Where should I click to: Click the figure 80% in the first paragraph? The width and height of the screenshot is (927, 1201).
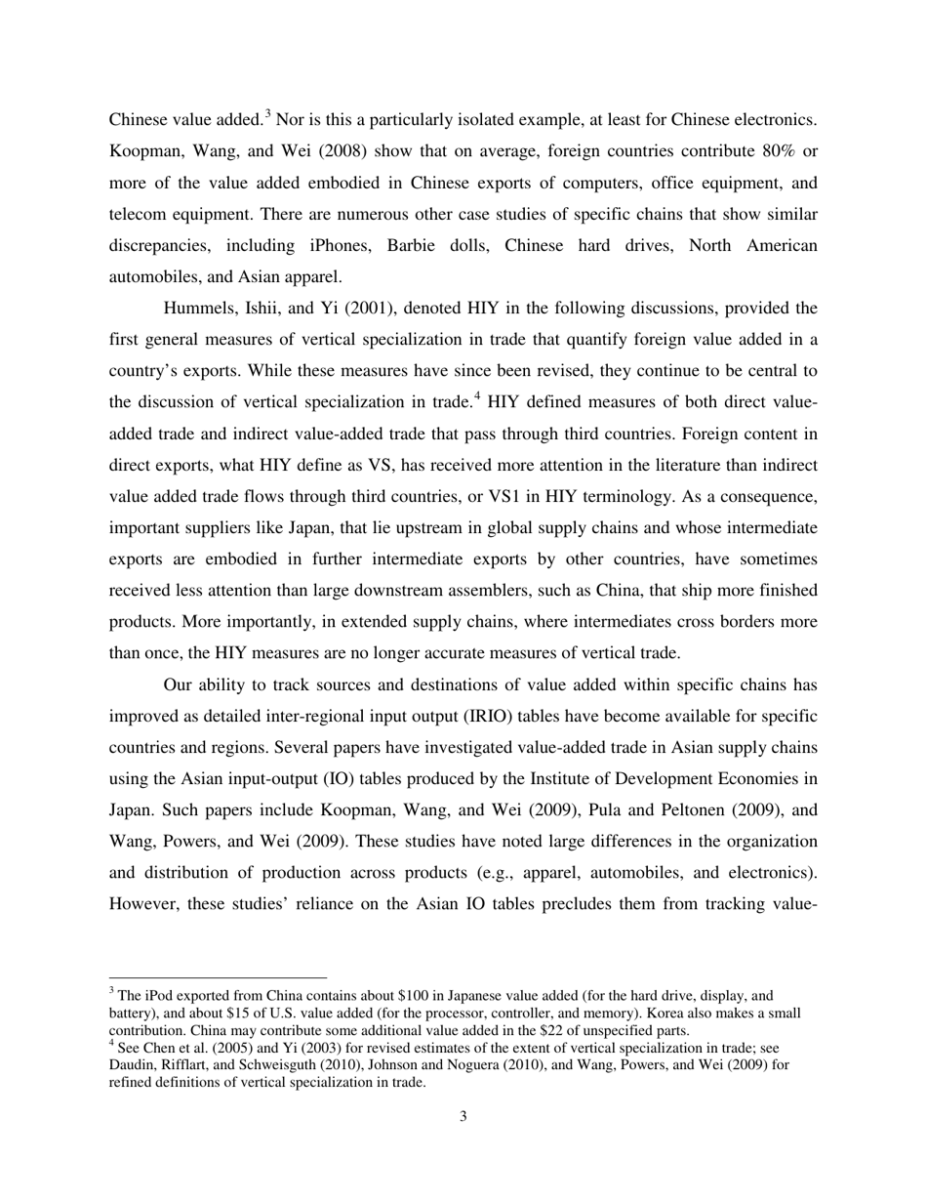777,151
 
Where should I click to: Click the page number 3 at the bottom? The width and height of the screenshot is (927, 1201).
463,1116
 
